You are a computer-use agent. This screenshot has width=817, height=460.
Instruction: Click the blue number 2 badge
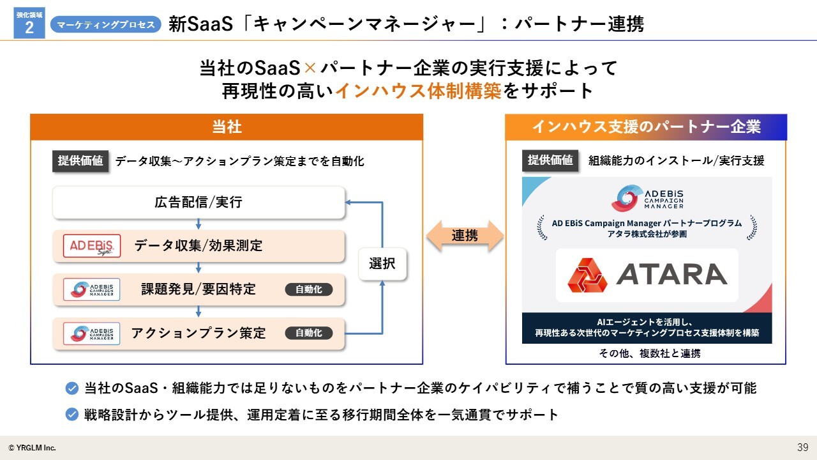(x=29, y=23)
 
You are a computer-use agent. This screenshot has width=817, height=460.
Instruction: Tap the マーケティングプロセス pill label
(x=106, y=24)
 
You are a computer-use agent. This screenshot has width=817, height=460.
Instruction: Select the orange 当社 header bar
(x=227, y=127)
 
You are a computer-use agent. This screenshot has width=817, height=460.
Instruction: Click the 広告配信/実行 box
(x=199, y=203)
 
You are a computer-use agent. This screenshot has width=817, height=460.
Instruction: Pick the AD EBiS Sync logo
(x=92, y=246)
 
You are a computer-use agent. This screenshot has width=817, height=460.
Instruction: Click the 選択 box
(x=382, y=264)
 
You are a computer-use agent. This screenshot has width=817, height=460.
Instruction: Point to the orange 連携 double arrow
(x=465, y=236)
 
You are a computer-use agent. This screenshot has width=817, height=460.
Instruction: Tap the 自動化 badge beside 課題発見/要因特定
(x=308, y=289)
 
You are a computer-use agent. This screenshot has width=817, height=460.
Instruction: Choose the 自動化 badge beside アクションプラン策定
(x=308, y=333)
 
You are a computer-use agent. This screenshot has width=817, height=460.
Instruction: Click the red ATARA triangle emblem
(x=587, y=275)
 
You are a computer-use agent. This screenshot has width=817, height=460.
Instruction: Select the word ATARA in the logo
(x=671, y=274)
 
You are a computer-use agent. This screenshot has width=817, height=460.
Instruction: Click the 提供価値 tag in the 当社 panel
(x=80, y=161)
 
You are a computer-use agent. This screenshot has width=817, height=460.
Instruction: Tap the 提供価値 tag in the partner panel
(x=550, y=160)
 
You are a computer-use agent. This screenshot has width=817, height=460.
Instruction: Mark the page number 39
(x=803, y=447)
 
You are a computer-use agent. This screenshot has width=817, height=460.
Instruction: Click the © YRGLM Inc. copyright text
(x=32, y=448)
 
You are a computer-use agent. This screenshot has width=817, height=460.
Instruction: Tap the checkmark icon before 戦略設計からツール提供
(x=72, y=415)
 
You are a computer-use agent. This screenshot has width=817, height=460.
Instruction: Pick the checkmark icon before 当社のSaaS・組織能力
(x=72, y=388)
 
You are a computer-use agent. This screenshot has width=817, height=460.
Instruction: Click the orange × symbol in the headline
(x=310, y=68)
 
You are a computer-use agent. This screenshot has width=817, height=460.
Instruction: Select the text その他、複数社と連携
(x=650, y=353)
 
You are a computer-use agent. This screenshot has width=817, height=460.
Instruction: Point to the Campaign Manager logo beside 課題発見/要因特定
(x=92, y=289)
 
